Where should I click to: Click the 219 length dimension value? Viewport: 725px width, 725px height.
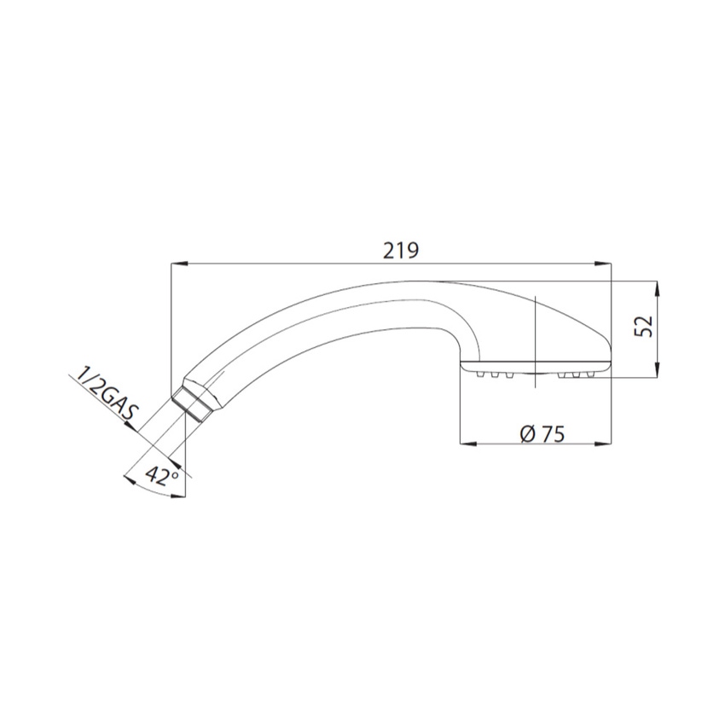click(x=401, y=250)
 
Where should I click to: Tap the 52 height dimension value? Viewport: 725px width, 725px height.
click(x=643, y=326)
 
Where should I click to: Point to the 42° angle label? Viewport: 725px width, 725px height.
click(x=161, y=476)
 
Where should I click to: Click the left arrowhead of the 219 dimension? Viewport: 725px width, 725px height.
click(x=180, y=264)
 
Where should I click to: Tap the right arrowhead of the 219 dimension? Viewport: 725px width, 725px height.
click(x=602, y=264)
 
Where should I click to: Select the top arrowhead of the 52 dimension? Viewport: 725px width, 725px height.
click(x=658, y=290)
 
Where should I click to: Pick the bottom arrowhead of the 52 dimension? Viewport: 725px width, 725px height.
click(x=658, y=369)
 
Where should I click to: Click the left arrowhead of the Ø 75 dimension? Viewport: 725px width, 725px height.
click(x=468, y=444)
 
